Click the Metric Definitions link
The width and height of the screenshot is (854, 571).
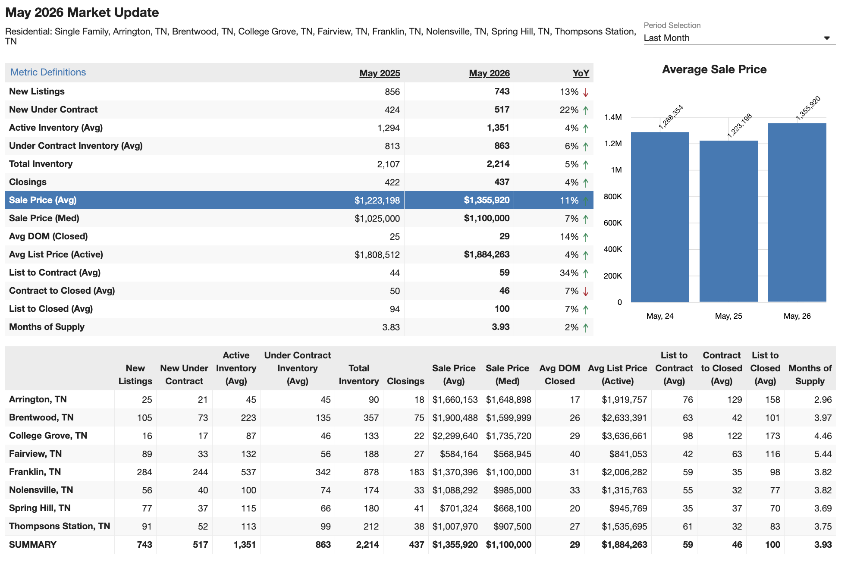(48, 72)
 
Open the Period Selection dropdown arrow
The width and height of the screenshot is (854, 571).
(827, 38)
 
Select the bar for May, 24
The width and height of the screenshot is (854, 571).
(660, 217)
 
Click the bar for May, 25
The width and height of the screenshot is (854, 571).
(728, 221)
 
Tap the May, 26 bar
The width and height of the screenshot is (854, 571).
(797, 213)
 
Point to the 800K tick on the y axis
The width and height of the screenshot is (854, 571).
(612, 197)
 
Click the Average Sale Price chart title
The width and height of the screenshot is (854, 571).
(714, 69)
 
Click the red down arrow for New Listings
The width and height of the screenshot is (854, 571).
(586, 92)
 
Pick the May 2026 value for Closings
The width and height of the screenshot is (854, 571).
(502, 182)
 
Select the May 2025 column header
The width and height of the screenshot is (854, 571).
(380, 73)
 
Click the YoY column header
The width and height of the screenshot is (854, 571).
(581, 73)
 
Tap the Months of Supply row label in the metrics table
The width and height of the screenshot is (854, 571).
(47, 327)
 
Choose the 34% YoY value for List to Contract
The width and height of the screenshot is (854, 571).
(569, 273)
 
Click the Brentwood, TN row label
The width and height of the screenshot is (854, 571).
(41, 417)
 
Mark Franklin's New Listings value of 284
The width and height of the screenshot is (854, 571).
(144, 472)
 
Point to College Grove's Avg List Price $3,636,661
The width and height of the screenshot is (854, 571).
(624, 436)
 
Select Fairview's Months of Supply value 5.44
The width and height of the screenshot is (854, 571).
(823, 454)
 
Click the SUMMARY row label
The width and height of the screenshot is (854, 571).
(33, 545)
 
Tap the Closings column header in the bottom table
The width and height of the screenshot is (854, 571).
(405, 381)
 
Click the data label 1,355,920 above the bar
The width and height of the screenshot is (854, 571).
(808, 108)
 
